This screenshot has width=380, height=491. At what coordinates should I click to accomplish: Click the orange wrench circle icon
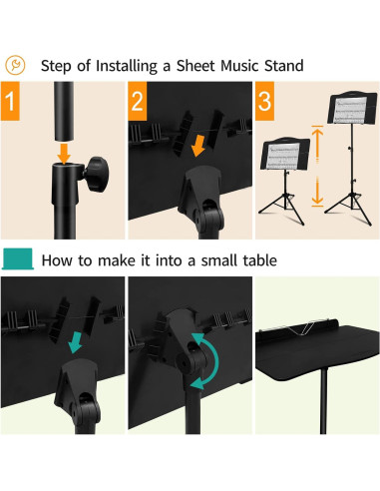point(15,65)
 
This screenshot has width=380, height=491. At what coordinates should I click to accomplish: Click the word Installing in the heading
point(127,66)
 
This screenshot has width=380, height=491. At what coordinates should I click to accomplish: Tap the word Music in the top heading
point(240,66)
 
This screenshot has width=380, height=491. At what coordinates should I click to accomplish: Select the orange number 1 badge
point(10,101)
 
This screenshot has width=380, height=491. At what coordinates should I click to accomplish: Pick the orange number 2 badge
point(138,101)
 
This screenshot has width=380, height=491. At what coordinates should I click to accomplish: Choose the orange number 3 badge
point(264,101)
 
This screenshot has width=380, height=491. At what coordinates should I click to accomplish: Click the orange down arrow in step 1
point(64,154)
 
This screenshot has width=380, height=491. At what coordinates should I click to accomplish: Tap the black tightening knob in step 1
point(97,174)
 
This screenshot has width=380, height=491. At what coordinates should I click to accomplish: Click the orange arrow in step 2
point(198,145)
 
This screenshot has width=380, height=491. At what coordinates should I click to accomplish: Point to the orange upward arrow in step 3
point(317,144)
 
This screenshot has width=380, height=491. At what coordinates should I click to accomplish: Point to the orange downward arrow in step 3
point(317,192)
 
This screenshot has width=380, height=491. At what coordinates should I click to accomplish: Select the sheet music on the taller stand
point(350,110)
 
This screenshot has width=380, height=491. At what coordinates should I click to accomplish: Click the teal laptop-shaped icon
point(18,258)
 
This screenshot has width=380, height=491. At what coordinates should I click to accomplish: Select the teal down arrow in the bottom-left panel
point(76,342)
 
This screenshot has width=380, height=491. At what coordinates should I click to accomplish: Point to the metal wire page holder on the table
point(299,327)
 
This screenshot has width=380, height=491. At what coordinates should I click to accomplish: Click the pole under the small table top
point(323,401)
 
